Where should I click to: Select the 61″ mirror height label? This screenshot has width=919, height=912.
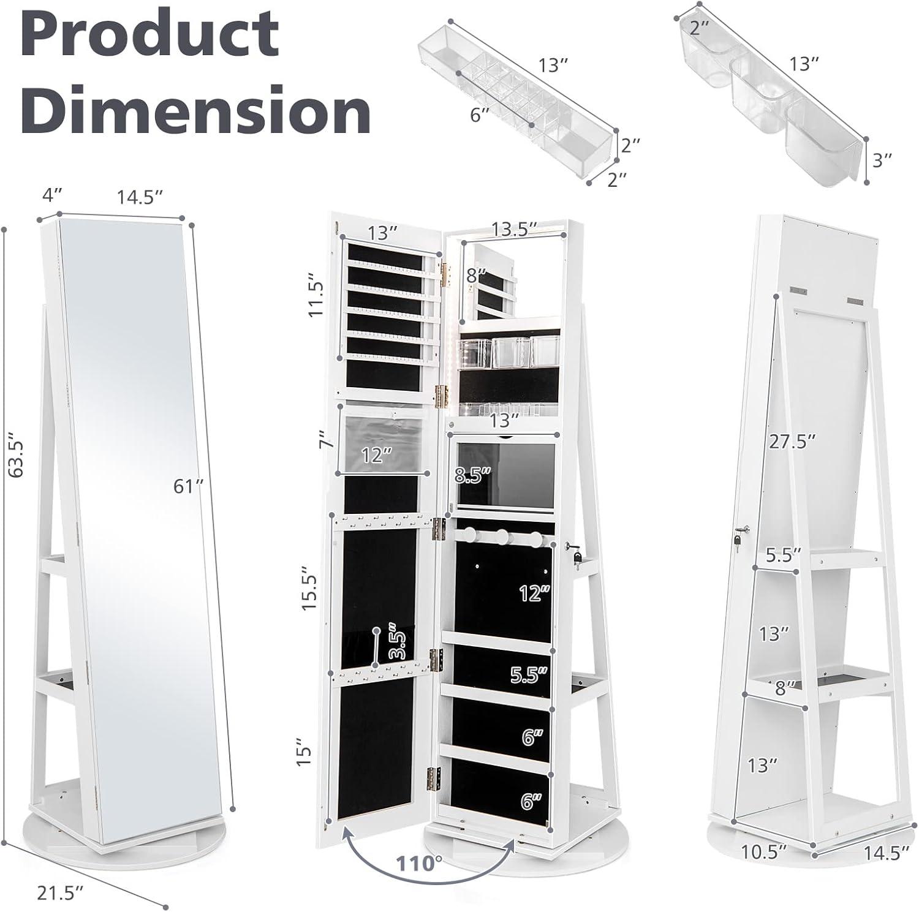189,486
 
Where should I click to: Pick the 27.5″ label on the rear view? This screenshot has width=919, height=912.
793,442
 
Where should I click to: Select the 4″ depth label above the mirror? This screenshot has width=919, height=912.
51,196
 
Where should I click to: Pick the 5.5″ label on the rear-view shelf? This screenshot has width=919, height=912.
784,555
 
